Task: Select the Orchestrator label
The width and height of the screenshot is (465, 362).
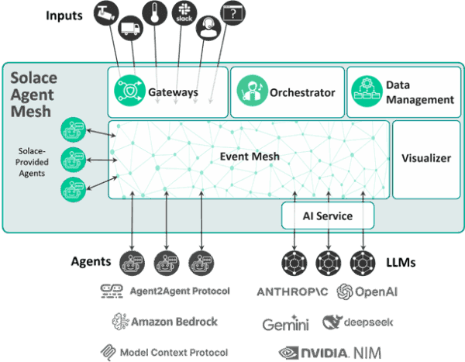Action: (x=301, y=92)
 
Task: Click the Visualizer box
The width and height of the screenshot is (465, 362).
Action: (x=425, y=158)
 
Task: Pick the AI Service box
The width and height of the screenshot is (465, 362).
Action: (x=328, y=215)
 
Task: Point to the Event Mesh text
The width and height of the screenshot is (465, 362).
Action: (x=250, y=157)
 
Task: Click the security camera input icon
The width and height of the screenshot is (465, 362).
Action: (x=105, y=11)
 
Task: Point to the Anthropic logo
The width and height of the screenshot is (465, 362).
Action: (x=292, y=292)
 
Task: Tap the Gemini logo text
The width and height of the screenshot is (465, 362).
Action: (x=285, y=323)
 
